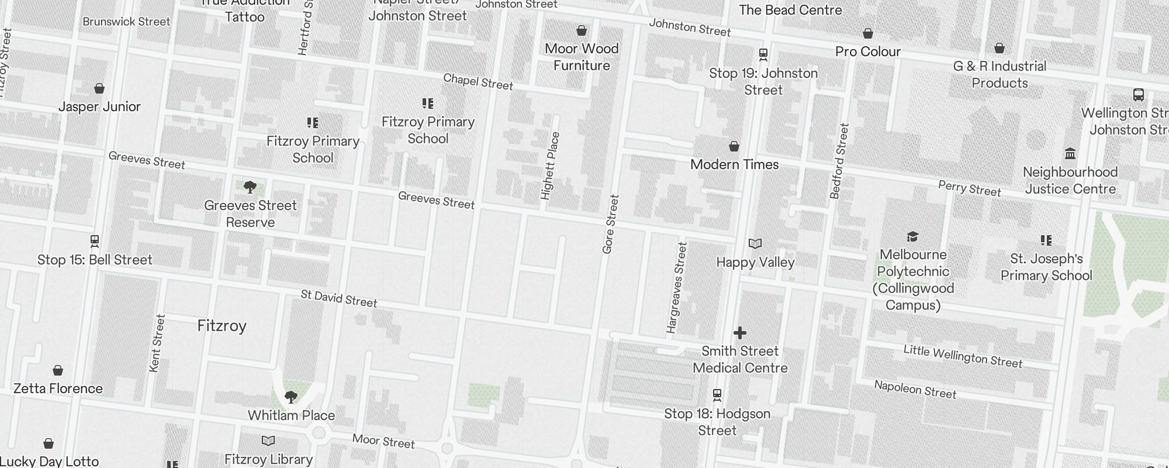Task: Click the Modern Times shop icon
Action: click(x=734, y=146)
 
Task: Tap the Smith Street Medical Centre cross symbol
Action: click(x=740, y=333)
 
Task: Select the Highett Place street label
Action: click(x=550, y=166)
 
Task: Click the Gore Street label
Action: click(x=610, y=224)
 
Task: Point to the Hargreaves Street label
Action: click(x=676, y=288)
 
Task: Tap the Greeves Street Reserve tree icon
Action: click(x=250, y=187)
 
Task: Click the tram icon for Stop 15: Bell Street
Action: click(x=95, y=240)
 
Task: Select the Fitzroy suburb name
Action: click(x=222, y=326)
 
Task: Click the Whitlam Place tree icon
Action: click(x=290, y=397)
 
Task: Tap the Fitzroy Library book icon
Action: click(x=268, y=441)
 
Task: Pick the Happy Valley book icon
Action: click(x=755, y=243)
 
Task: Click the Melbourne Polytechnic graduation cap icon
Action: click(x=912, y=236)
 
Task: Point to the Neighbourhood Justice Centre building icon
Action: click(x=1070, y=154)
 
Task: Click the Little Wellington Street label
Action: click(x=963, y=356)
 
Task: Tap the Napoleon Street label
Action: click(x=915, y=389)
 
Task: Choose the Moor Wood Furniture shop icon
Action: click(x=582, y=30)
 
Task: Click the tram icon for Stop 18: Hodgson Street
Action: click(x=717, y=395)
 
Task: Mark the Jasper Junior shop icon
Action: click(x=99, y=88)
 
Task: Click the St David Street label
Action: click(x=339, y=298)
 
